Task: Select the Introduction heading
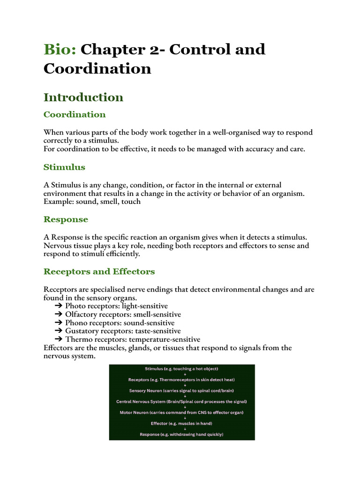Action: click(x=83, y=97)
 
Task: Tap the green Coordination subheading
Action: click(x=75, y=114)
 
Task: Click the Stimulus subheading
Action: click(x=64, y=167)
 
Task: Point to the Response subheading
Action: click(x=66, y=219)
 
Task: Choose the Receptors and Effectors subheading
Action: click(x=99, y=271)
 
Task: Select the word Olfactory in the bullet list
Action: click(x=82, y=315)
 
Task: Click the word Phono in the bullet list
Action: click(x=76, y=323)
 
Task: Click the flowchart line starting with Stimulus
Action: click(x=182, y=369)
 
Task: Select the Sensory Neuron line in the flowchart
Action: click(x=182, y=390)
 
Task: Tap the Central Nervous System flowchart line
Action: click(x=182, y=402)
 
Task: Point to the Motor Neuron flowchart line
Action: click(x=182, y=412)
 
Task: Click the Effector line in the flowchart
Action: click(x=182, y=424)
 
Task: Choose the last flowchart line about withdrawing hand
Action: click(x=182, y=435)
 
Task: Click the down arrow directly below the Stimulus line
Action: click(x=185, y=374)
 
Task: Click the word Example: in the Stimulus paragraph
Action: click(x=59, y=202)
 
